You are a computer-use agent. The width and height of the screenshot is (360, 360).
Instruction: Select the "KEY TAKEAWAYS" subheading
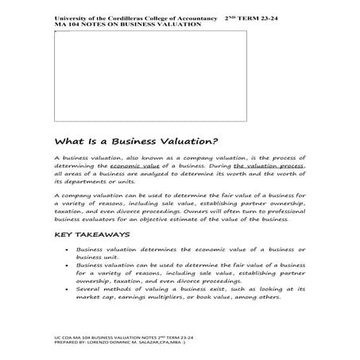[x=93, y=236]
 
